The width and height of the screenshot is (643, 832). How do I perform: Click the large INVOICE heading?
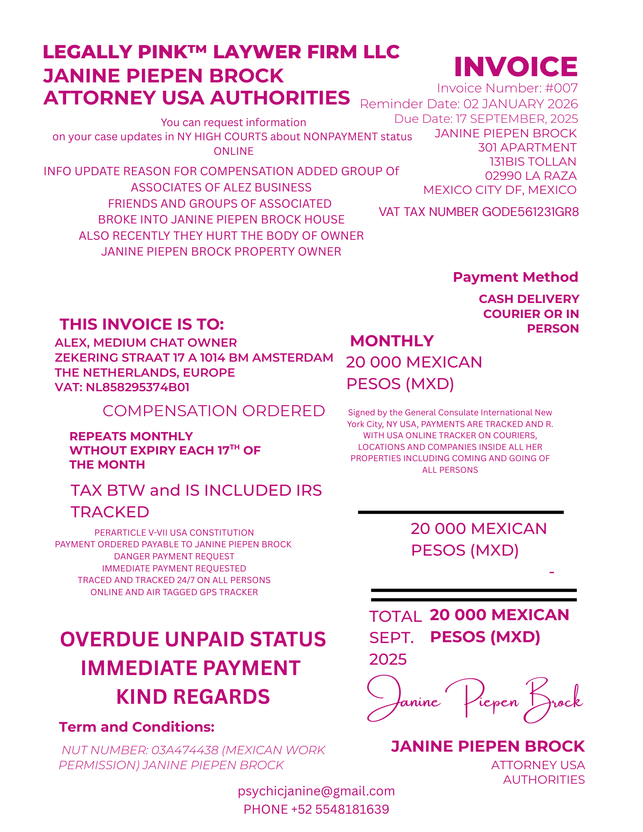point(515,67)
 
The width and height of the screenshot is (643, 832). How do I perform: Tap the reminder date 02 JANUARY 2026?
point(521,104)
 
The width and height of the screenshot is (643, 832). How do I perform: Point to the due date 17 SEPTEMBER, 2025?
point(516,119)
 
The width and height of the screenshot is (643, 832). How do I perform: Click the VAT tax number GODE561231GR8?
point(530,212)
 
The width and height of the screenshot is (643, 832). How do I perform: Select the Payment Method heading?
point(515,277)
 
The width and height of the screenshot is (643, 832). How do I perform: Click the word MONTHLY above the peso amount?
point(392,341)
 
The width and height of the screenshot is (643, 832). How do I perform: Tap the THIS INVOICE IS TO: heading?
point(142,324)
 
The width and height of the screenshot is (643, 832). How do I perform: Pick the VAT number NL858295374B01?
point(137,387)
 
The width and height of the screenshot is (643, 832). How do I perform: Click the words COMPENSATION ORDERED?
point(214,411)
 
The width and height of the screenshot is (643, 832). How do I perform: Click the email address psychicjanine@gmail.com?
point(316,791)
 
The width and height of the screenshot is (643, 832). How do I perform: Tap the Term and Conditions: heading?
point(137,727)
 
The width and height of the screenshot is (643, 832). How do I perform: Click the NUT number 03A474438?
point(184,750)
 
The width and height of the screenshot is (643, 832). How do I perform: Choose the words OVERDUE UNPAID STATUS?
point(193,640)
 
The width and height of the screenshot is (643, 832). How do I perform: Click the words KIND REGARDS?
point(193,697)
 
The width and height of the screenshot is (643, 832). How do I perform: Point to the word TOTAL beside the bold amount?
point(395,616)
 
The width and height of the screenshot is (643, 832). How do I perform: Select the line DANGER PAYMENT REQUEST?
point(174,556)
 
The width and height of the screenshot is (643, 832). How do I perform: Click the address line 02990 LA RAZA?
point(531,176)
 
